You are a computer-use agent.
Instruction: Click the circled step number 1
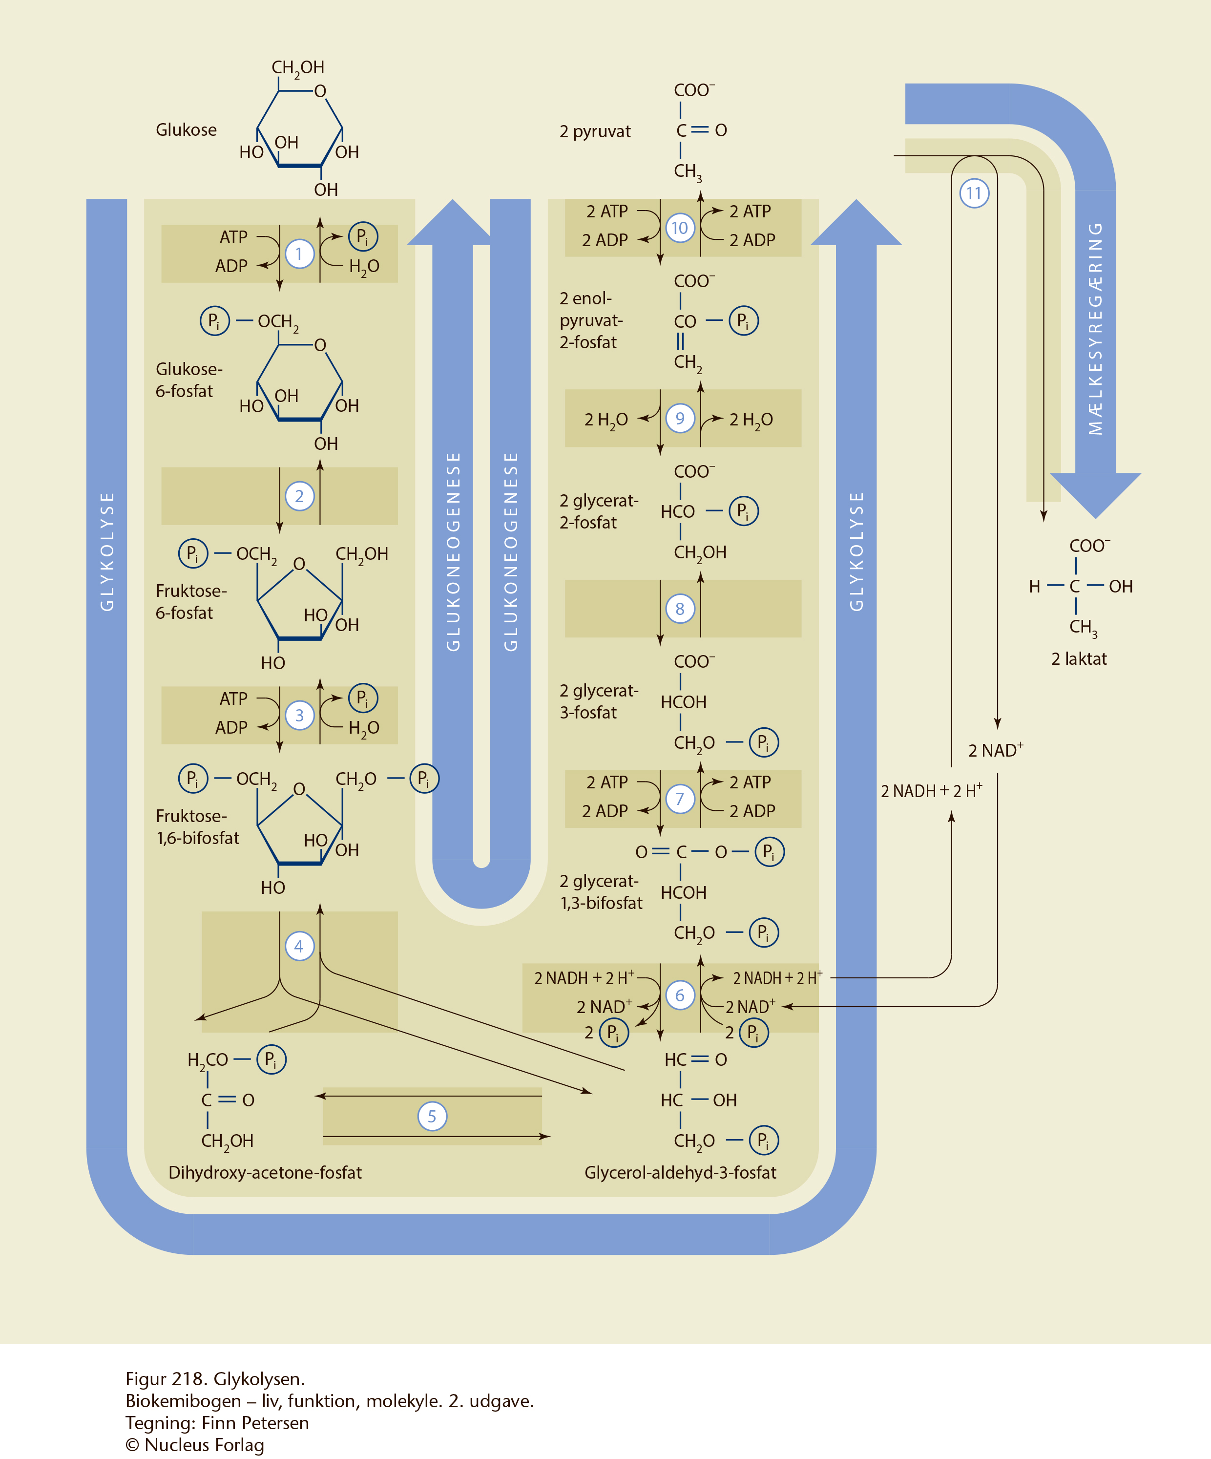click(x=299, y=254)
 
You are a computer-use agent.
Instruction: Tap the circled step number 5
click(x=432, y=1117)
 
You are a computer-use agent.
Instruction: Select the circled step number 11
click(x=974, y=193)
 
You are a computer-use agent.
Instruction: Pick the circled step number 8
click(x=680, y=609)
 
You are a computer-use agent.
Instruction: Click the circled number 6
click(x=680, y=995)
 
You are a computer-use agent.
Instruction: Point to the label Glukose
click(x=186, y=130)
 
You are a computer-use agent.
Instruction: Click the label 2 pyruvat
click(x=595, y=131)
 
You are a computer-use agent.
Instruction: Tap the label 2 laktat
click(x=1078, y=658)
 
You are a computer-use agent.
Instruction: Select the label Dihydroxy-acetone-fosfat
click(x=265, y=1173)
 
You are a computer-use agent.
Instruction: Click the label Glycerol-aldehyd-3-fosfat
click(x=680, y=1173)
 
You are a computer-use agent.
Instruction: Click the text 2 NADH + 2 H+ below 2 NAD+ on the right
click(x=931, y=791)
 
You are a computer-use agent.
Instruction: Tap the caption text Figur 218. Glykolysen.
click(x=215, y=1379)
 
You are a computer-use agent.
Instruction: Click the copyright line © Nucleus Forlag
click(x=195, y=1445)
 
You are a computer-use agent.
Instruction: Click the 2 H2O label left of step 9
click(x=605, y=420)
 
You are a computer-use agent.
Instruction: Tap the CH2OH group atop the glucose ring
click(x=298, y=67)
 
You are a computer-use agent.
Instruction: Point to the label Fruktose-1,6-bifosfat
click(x=197, y=827)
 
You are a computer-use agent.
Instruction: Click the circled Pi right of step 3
click(x=362, y=698)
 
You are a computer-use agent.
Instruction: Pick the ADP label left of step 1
click(x=231, y=266)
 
